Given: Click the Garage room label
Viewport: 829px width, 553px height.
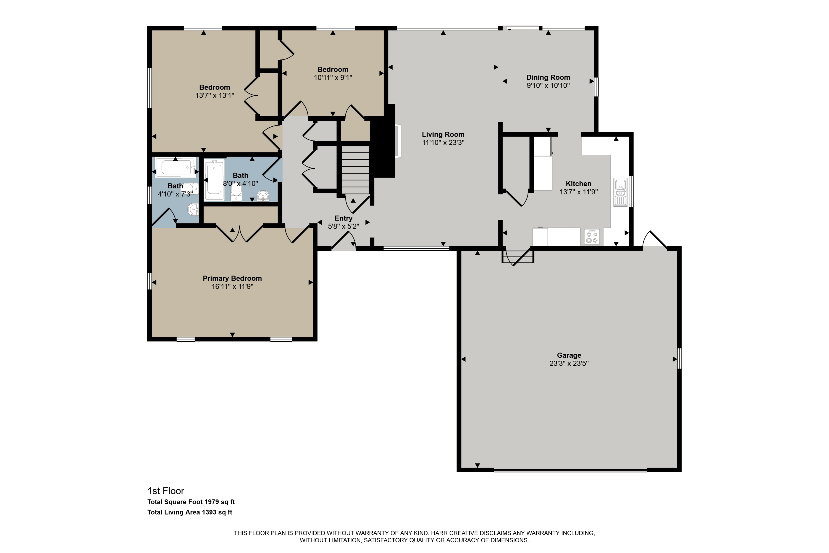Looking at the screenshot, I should pyautogui.click(x=569, y=355).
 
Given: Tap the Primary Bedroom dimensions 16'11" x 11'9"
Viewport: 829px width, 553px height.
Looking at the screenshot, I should pyautogui.click(x=232, y=286).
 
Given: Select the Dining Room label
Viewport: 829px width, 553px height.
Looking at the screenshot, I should pyautogui.click(x=548, y=77).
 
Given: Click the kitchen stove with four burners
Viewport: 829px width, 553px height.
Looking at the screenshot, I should pyautogui.click(x=592, y=237).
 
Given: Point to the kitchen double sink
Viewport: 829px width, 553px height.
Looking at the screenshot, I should pyautogui.click(x=620, y=192).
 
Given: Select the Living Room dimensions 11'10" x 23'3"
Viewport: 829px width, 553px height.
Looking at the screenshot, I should pyautogui.click(x=443, y=142).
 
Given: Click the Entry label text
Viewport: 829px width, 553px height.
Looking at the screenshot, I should pyautogui.click(x=343, y=218).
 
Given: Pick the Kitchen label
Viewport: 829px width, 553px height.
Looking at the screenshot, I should pyautogui.click(x=578, y=184).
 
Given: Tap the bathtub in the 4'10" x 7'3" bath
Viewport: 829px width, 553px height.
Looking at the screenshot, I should pyautogui.click(x=175, y=167).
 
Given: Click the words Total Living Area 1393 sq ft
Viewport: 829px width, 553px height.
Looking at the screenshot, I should pyautogui.click(x=190, y=512).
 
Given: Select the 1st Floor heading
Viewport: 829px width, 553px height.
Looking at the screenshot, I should pyautogui.click(x=166, y=490).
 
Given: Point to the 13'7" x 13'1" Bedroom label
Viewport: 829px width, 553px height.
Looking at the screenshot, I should pyautogui.click(x=214, y=87).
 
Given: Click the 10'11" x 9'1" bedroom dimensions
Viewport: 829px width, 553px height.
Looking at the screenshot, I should pyautogui.click(x=333, y=77).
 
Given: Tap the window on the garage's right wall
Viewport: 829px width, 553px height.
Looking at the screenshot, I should pyautogui.click(x=679, y=359).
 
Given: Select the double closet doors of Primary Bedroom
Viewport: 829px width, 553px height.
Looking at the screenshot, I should pyautogui.click(x=240, y=233).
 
